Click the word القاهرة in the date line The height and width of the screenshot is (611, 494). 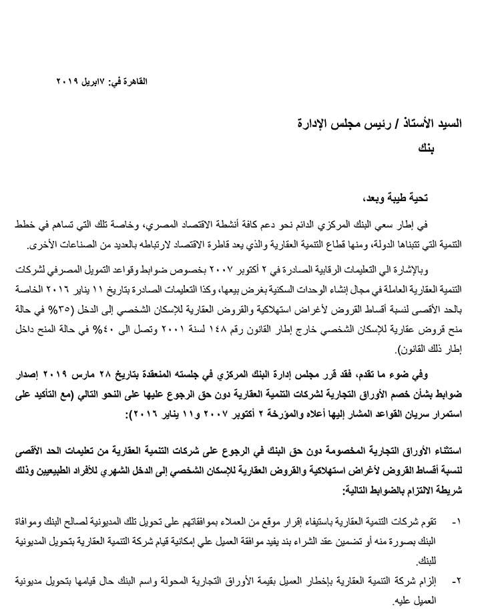pyautogui.click(x=132, y=81)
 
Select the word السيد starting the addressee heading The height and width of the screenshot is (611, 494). pyautogui.click(x=443, y=124)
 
